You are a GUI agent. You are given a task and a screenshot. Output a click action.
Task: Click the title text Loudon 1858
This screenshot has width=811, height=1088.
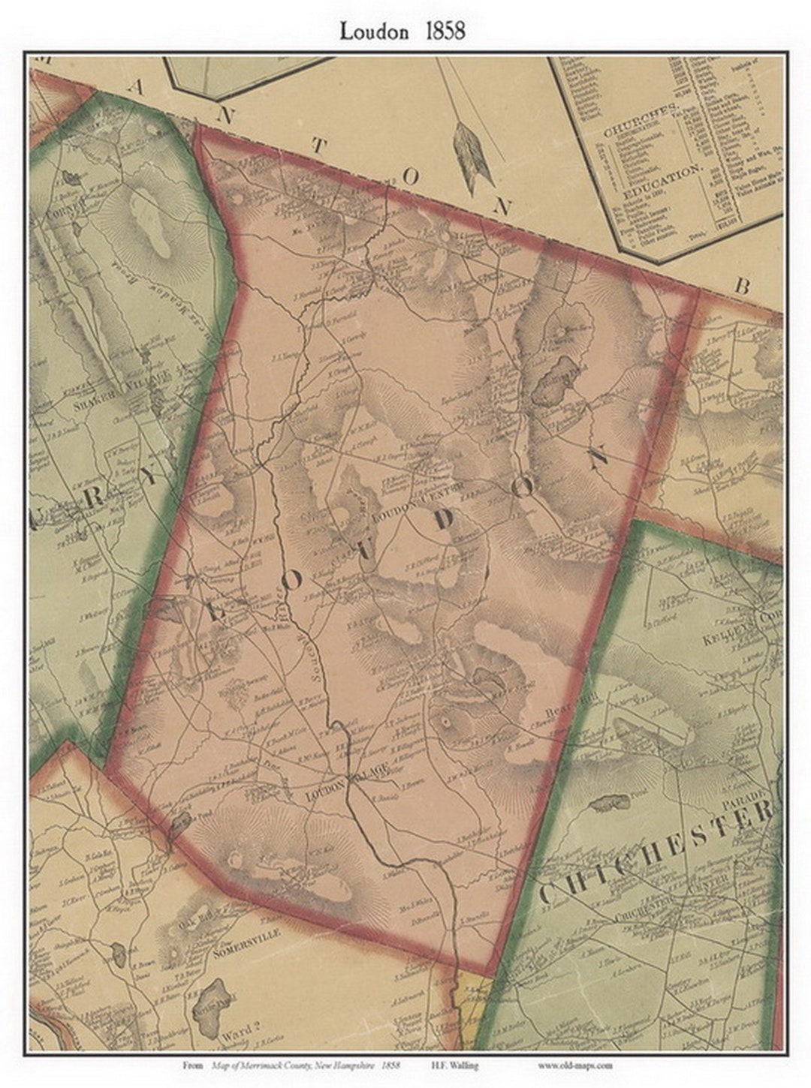coord(402,31)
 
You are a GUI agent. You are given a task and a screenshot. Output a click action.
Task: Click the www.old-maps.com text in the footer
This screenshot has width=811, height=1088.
coord(575,1064)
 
